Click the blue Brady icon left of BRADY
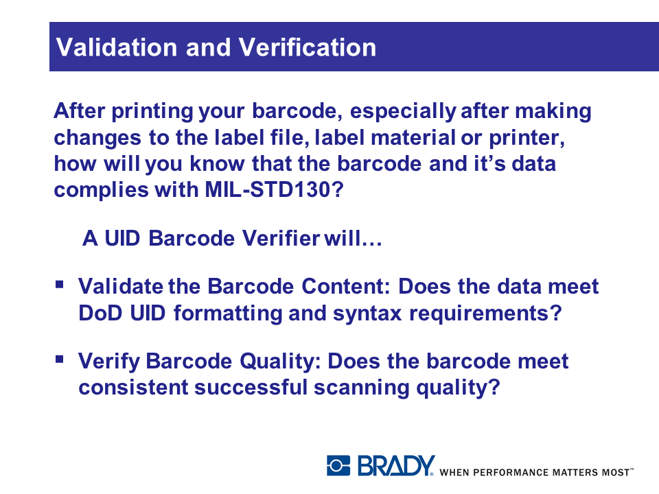point(338,465)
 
